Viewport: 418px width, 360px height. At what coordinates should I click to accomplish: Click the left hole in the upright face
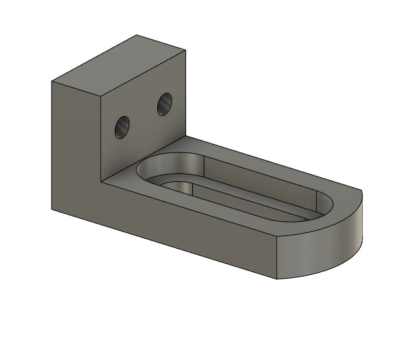click(122, 127)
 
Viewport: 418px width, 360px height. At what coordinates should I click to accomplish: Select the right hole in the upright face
click(164, 104)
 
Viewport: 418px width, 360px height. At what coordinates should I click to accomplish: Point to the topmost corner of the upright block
click(137, 35)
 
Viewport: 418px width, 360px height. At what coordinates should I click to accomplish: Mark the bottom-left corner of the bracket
click(51, 208)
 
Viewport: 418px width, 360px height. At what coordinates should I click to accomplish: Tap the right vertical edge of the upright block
click(185, 94)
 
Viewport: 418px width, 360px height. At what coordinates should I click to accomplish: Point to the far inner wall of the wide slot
click(260, 175)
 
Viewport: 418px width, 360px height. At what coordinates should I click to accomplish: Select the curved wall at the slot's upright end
click(156, 165)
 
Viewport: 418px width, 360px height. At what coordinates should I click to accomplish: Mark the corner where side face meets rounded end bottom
click(277, 278)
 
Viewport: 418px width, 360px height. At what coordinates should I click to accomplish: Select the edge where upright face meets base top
click(142, 159)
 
